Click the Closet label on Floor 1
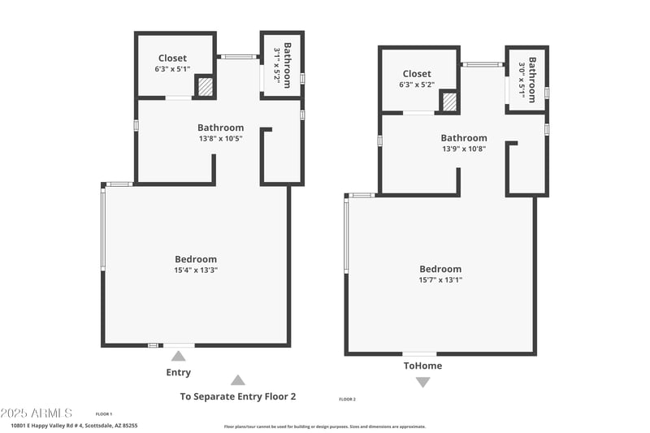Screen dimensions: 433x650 [x=172, y=58]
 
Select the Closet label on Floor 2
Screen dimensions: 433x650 [x=417, y=74]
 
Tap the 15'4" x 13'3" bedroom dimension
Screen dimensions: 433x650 [x=196, y=270]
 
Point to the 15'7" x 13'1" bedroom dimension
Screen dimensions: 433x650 [x=440, y=279]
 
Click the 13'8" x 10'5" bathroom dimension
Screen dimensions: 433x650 [x=220, y=138]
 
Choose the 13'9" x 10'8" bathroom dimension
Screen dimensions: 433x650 [x=464, y=149]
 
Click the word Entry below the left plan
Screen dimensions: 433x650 [x=179, y=372]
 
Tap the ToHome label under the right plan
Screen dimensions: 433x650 [x=422, y=366]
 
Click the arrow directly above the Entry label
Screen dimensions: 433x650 [x=179, y=356]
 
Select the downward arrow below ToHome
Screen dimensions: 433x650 [x=422, y=382]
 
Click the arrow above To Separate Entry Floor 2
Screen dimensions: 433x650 [x=237, y=379]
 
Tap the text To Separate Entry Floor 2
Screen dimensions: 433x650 [x=237, y=396]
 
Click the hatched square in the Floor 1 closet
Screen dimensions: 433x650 [x=206, y=86]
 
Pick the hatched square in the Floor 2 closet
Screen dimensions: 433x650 [x=449, y=102]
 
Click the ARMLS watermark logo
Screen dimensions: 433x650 [x=37, y=414]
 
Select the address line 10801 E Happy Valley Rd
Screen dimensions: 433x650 [x=74, y=425]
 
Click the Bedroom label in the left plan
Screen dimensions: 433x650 [x=196, y=259]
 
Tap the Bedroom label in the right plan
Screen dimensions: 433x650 [x=440, y=269]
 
